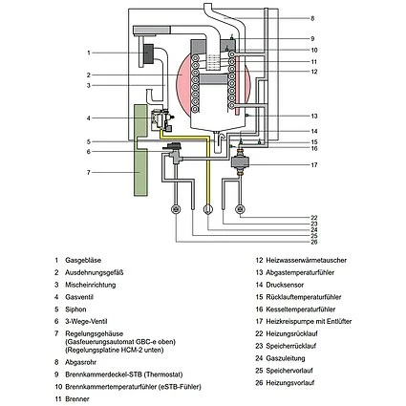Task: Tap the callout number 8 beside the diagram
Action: click(311, 18)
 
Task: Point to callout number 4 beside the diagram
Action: click(88, 118)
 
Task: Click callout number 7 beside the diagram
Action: click(88, 172)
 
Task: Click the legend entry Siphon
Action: click(75, 308)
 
